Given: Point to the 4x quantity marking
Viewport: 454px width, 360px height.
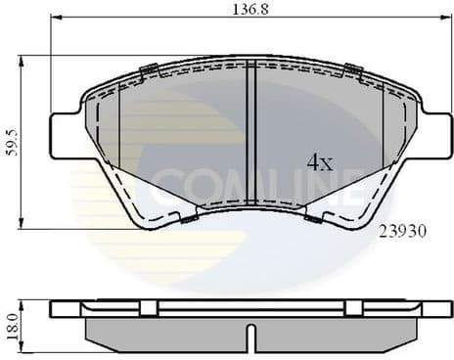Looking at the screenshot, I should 320,162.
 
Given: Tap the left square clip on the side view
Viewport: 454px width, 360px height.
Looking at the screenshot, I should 148,307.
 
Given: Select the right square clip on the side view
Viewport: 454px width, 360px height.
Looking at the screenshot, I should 353,307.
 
